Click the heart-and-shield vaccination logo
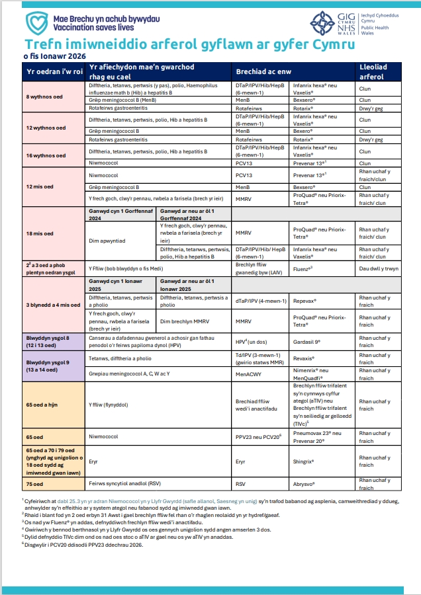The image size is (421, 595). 37,22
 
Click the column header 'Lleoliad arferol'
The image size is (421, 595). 373,71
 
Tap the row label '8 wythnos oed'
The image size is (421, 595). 44,97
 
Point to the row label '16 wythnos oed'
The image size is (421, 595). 45,155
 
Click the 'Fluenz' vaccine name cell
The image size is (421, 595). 303,269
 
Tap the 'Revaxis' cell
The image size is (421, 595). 304,358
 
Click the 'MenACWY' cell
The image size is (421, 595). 248,374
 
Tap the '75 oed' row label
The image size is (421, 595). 35,483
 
